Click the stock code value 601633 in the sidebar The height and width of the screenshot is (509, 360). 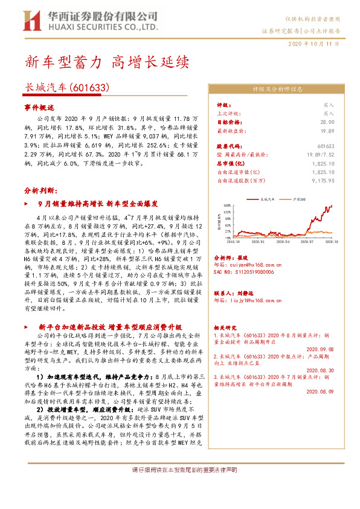coord(326,146)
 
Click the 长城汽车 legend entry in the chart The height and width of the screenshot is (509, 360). coord(266,198)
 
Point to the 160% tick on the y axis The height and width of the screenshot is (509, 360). coord(228,205)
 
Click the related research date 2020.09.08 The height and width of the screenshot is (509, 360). coord(320,349)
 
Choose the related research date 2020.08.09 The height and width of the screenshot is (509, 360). coord(320,391)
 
